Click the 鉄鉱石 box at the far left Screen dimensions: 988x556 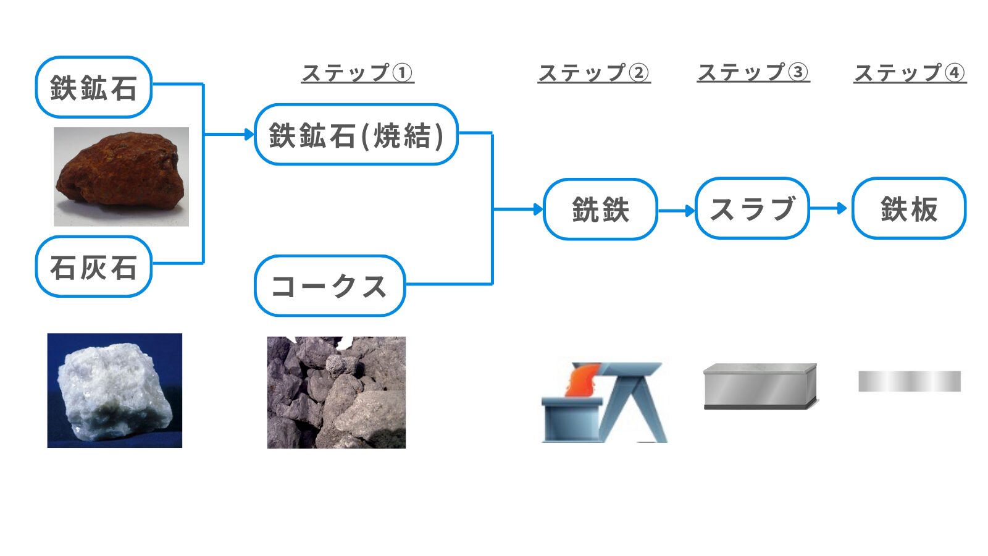[94, 87]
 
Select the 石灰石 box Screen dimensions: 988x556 [94, 267]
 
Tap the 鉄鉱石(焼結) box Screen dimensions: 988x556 [356, 135]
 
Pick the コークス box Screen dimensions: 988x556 [330, 286]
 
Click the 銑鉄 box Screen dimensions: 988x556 [600, 209]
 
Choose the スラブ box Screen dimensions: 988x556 [753, 208]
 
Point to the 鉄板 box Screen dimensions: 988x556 [909, 208]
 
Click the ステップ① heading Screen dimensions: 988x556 [358, 73]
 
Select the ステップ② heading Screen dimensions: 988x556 [594, 73]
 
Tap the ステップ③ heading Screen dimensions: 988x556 [753, 72]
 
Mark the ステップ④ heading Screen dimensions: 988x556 [910, 73]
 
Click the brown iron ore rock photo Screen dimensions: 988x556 [121, 177]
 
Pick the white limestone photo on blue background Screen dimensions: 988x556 [115, 390]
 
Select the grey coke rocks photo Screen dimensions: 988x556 [337, 393]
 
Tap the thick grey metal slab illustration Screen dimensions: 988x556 [761, 387]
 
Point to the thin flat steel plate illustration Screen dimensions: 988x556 [910, 381]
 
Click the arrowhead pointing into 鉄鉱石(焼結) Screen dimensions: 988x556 [249, 134]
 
